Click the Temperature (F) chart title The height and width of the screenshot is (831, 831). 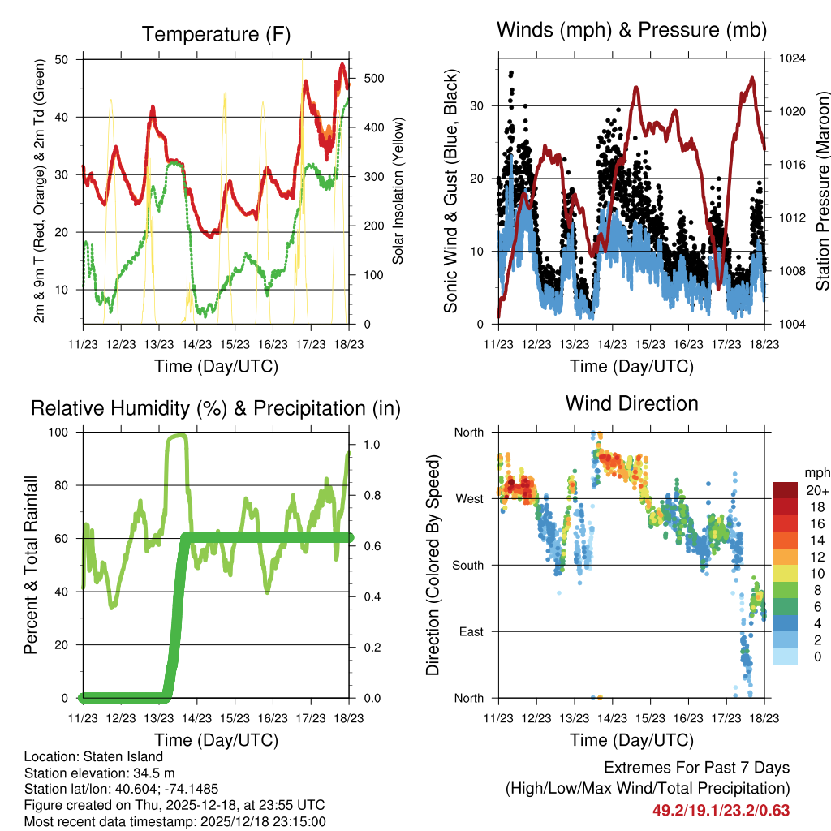click(x=216, y=34)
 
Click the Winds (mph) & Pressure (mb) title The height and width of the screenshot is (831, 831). click(x=631, y=30)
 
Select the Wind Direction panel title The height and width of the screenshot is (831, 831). click(x=631, y=403)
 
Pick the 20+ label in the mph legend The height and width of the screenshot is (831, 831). click(x=817, y=490)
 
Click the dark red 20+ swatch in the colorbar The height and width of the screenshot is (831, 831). click(x=786, y=490)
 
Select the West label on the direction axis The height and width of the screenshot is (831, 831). click(x=469, y=498)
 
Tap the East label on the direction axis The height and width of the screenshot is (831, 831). click(x=471, y=631)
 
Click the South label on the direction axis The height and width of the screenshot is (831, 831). click(x=467, y=565)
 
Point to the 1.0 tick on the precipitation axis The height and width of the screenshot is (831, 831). click(x=370, y=445)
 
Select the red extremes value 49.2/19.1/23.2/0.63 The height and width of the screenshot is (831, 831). click(x=721, y=810)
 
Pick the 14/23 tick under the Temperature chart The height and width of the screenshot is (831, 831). click(x=196, y=343)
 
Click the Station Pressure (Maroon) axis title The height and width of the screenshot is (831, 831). click(x=821, y=192)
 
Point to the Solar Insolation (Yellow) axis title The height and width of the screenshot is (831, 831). click(x=398, y=192)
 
